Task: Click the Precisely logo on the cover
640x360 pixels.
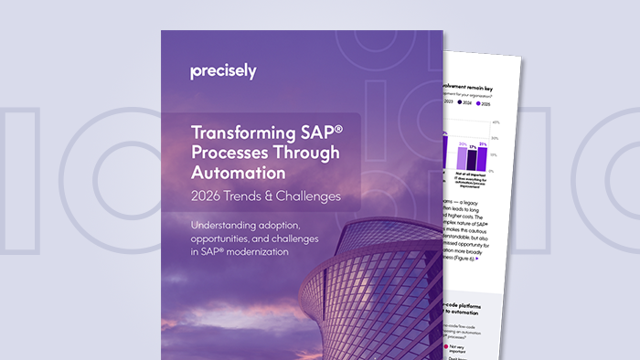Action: tap(223, 71)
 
